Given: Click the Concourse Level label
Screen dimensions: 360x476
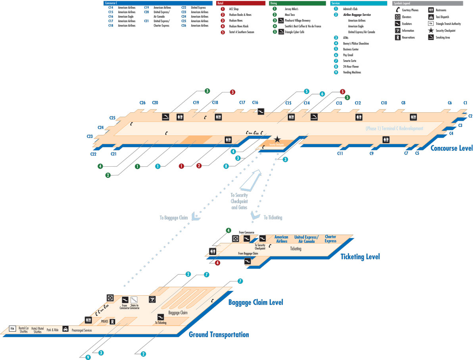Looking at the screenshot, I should coord(451,148).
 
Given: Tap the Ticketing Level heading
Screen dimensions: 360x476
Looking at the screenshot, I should coord(360,256).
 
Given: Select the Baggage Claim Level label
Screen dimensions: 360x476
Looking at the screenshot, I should coord(255,302).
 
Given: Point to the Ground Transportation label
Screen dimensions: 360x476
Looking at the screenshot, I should coord(219,335).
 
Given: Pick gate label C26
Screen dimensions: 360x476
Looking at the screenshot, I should coord(142,103).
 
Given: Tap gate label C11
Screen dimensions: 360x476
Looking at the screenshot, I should coord(340,153).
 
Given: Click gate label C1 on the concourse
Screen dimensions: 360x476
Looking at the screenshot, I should coord(465,103).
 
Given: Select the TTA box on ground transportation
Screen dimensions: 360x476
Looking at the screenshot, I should coord(12,329).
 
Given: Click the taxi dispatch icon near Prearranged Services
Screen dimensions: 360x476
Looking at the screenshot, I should coord(65,329).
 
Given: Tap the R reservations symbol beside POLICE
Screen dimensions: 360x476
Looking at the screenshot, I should coord(112,321).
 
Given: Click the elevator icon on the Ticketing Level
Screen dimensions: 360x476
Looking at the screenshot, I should coord(235,239).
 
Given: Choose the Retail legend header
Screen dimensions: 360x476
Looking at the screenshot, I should coord(241,3).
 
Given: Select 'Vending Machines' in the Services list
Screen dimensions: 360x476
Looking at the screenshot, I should coord(352,72).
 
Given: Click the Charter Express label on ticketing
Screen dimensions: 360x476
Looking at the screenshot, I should coord(330,239).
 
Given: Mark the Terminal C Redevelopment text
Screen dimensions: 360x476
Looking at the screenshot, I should coord(394,129).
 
